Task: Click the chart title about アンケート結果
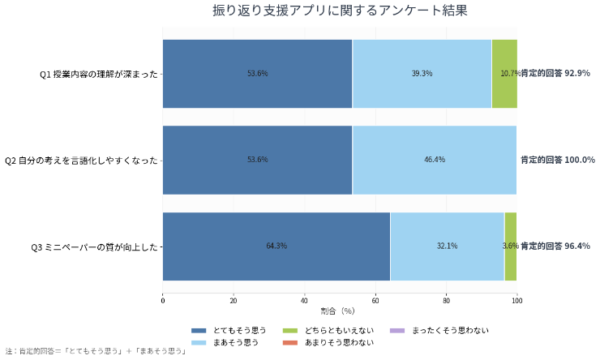click(340, 11)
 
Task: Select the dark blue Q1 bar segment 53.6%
click(257, 73)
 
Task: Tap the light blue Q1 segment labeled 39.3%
click(422, 73)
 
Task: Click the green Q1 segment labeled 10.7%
click(504, 73)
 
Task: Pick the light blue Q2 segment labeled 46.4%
click(435, 160)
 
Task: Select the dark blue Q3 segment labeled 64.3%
click(276, 246)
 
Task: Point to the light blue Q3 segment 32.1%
click(447, 246)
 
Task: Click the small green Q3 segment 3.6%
click(510, 246)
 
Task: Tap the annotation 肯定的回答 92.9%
click(555, 73)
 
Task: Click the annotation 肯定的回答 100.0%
click(558, 160)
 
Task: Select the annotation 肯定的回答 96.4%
click(555, 246)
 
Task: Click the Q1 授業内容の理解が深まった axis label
click(99, 74)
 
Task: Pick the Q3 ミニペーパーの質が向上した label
click(94, 246)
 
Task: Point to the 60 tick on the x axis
click(375, 301)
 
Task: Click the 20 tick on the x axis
click(234, 301)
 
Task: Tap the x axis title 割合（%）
click(339, 311)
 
